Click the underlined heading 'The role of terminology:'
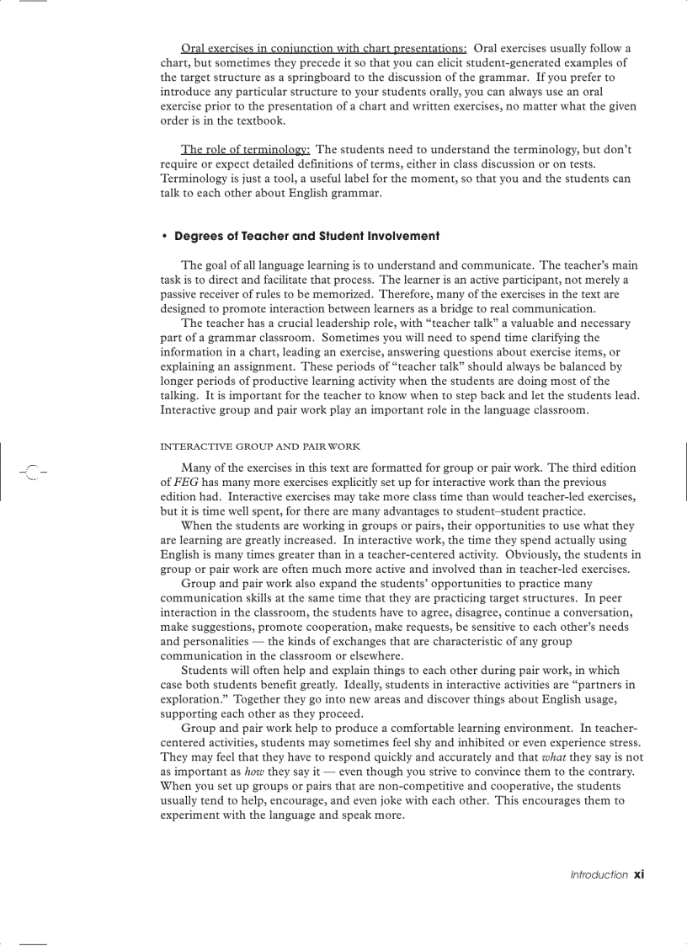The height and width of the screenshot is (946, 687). point(246,150)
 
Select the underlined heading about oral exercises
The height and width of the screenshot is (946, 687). point(324,48)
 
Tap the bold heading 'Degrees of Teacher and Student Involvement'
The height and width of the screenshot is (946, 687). point(306,236)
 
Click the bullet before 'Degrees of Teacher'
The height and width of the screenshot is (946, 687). point(164,236)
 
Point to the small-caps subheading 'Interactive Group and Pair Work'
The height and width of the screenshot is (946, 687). point(260,446)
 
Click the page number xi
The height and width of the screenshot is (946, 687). point(639,874)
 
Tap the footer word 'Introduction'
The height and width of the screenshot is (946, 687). point(599,875)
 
